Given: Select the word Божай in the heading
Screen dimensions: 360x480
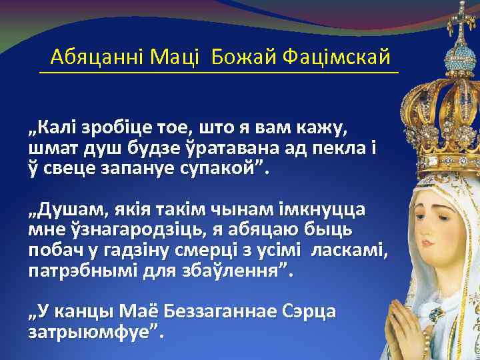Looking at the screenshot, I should click(242, 57).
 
